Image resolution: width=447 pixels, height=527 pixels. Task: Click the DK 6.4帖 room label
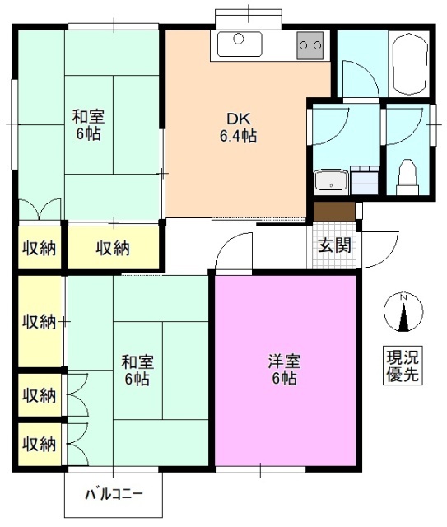236,128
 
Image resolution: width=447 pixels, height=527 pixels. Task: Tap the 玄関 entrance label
334,244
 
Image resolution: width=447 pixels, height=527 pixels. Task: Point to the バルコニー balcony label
114,495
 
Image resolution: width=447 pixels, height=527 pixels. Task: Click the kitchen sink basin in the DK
240,40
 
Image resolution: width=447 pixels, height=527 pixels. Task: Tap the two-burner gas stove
310,44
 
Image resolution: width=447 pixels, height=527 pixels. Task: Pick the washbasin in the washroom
331,180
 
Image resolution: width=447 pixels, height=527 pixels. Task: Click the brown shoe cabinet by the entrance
333,211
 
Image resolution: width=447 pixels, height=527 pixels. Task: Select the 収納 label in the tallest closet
39,321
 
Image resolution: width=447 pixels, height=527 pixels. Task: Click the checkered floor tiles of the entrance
334,262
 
